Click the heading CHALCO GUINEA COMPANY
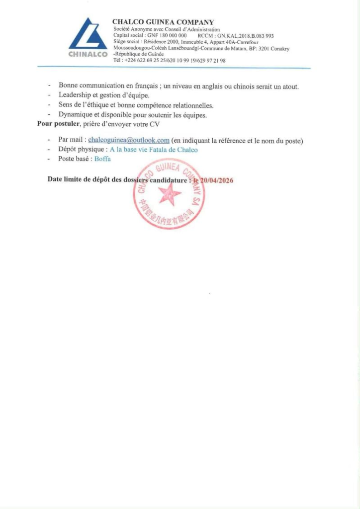pos(163,22)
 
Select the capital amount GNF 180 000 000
pos(167,36)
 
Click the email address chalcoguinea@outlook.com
pos(129,140)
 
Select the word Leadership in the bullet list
pos(75,95)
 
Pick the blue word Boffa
pos(103,159)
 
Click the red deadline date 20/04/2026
pos(216,180)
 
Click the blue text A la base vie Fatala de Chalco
pos(154,150)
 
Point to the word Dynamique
pos(75,114)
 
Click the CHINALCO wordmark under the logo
pos(88,54)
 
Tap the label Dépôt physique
pos(82,150)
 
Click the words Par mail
pos(71,140)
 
